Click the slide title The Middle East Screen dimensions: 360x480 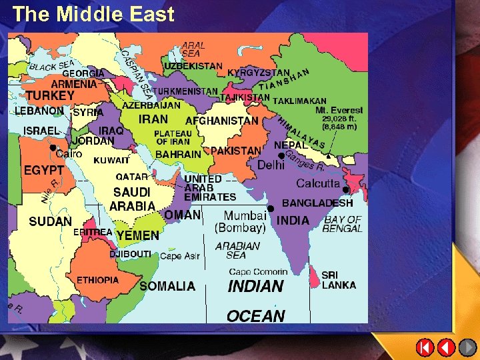(x=93, y=14)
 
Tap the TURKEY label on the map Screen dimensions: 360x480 (x=50, y=96)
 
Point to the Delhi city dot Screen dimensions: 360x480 (x=281, y=156)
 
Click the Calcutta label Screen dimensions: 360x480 (x=318, y=183)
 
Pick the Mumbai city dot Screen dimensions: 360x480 (x=271, y=209)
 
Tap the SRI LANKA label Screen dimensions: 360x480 (x=339, y=280)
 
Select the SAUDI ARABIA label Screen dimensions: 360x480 (x=132, y=199)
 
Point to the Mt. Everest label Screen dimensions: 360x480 (x=339, y=110)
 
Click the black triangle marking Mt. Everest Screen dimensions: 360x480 (x=328, y=155)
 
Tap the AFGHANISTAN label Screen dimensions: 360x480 (x=221, y=121)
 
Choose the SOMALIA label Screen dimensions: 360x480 (x=167, y=286)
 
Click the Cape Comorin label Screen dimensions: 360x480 (x=258, y=271)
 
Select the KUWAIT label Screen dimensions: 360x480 (x=111, y=161)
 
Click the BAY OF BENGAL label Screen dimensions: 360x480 (x=342, y=224)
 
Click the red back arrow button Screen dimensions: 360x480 (x=447, y=347)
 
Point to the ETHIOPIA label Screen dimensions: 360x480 (x=97, y=280)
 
